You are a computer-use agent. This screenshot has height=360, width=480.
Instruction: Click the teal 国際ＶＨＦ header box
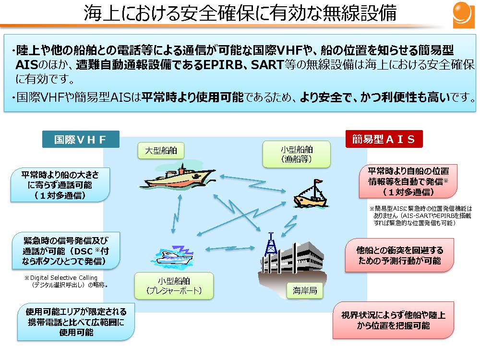click(80, 139)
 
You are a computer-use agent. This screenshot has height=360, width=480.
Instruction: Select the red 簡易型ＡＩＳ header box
click(384, 139)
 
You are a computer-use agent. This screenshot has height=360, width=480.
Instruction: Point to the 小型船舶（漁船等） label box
click(297, 154)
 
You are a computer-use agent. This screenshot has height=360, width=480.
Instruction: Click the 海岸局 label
click(305, 290)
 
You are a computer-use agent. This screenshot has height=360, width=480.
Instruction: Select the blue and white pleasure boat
click(175, 254)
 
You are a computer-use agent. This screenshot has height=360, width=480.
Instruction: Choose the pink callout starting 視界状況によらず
click(393, 320)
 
